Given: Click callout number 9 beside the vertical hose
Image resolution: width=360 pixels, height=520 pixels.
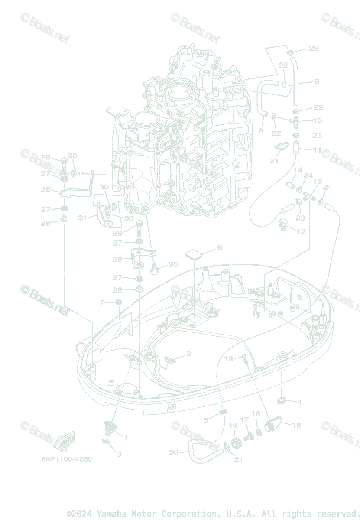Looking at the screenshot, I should pyautogui.click(x=317, y=81).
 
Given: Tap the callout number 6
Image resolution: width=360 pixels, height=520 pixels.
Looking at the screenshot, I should pyautogui.click(x=220, y=247).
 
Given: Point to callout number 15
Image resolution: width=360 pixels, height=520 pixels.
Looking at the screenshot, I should pyautogui.click(x=296, y=425).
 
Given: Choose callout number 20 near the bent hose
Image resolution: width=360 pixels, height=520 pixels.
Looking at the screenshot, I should pyautogui.click(x=174, y=453).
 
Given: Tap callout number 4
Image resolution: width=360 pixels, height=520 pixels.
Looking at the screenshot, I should pyautogui.click(x=299, y=402).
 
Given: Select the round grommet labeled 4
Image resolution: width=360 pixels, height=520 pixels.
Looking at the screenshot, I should pyautogui.click(x=282, y=400).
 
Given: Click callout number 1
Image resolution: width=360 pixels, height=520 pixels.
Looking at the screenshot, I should pyautogui.click(x=126, y=438).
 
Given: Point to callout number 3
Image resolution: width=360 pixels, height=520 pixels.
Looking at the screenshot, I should pyautogui.click(x=119, y=454).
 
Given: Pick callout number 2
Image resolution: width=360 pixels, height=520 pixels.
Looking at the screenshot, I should pyautogui.click(x=188, y=354).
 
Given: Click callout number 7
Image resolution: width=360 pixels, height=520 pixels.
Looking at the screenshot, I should pyautogui.click(x=102, y=302).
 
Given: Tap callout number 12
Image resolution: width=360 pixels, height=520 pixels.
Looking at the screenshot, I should pyautogui.click(x=301, y=231).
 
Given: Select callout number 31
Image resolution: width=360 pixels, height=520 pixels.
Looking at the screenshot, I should pyautogui.click(x=83, y=218).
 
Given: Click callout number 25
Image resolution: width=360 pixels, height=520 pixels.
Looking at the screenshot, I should pyautogui.click(x=117, y=259).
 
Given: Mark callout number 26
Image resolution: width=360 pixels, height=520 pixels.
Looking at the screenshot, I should pyautogui.click(x=45, y=189).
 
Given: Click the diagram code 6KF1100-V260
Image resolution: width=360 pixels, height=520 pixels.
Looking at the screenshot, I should pyautogui.click(x=67, y=459).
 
